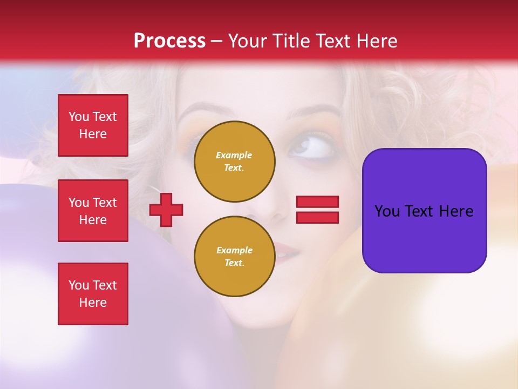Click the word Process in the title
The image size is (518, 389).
click(x=169, y=41)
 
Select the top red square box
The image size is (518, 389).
click(x=93, y=125)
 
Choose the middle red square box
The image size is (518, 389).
click(x=93, y=211)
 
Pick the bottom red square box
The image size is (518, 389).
click(x=93, y=294)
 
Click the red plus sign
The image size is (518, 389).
click(x=166, y=210)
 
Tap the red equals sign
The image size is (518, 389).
click(x=317, y=210)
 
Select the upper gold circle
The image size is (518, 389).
click(x=234, y=162)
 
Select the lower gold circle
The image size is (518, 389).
click(x=234, y=257)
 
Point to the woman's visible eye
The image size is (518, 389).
click(x=313, y=147)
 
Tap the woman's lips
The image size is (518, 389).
click(x=287, y=251)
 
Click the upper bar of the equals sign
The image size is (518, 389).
click(x=317, y=202)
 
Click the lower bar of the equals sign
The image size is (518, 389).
click(x=317, y=217)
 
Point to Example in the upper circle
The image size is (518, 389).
click(x=234, y=155)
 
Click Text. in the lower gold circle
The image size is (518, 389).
click(x=234, y=263)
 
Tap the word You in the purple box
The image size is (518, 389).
click(x=387, y=211)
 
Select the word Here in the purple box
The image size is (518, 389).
click(x=456, y=211)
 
